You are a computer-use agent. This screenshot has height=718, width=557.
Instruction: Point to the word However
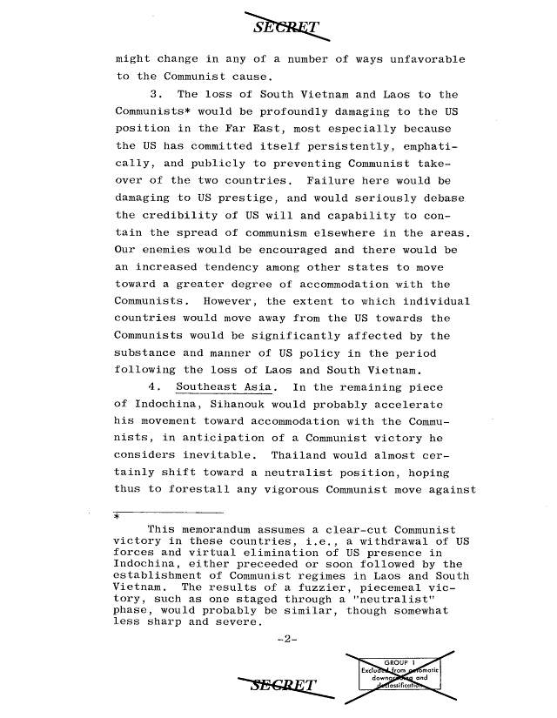[x=204, y=301]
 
